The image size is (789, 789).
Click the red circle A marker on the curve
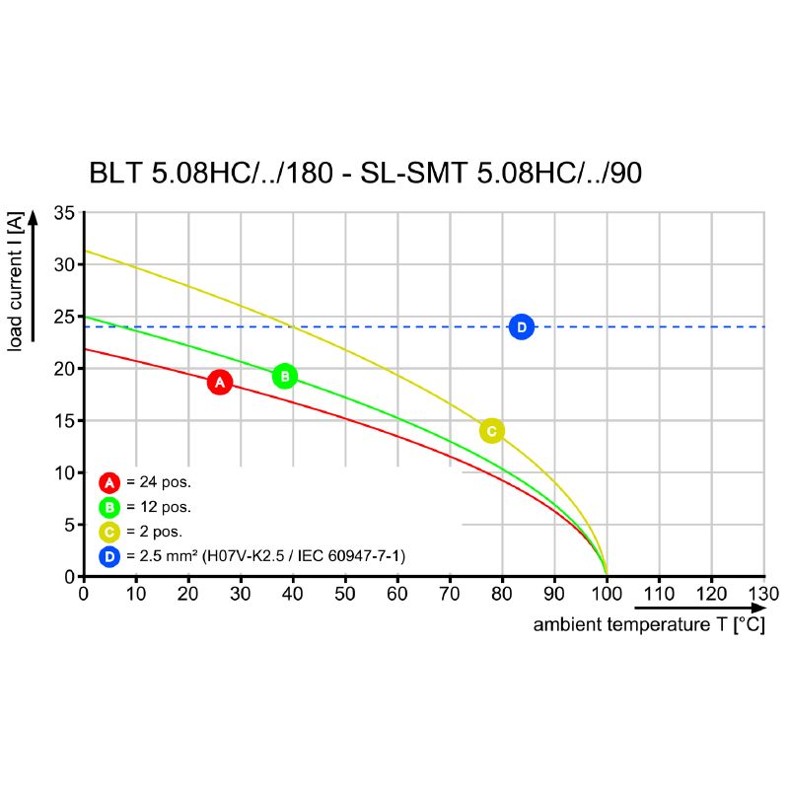pos(220,382)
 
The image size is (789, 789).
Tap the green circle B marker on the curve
pos(284,376)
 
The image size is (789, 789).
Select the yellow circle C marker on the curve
pos(491,431)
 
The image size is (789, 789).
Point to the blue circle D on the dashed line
pos(522,326)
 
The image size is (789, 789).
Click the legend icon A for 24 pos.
pos(109,482)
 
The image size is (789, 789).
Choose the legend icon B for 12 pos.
pos(109,507)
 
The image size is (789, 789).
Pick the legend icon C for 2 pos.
pos(109,533)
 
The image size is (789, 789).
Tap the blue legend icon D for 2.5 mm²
pos(109,557)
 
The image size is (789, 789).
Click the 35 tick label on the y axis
pos(64,213)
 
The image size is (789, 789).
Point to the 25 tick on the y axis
pos(64,317)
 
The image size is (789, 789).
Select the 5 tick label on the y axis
pos(69,525)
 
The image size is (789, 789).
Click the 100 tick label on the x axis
pos(606,594)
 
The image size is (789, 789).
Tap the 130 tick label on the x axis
pos(763,594)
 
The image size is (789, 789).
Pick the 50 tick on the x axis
pos(344,594)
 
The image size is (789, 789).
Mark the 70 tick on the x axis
pos(449,594)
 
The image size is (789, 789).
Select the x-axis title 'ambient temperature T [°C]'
pos(648,625)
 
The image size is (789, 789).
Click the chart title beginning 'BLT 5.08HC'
pos(365,174)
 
